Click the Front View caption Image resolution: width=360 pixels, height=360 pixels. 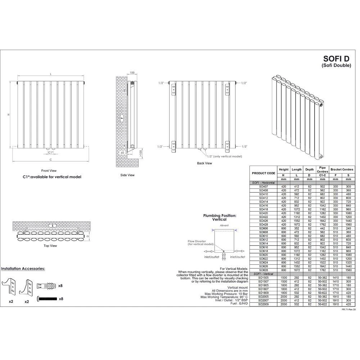pyautogui.click(x=49, y=171)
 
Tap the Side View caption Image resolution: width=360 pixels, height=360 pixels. pyautogui.click(x=127, y=175)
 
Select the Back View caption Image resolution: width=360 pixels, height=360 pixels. pyautogui.click(x=204, y=163)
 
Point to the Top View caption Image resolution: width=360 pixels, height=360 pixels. pyautogui.click(x=50, y=246)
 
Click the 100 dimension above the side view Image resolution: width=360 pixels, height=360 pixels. pyautogui.click(x=132, y=73)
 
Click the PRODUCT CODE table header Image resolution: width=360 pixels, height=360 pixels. pyautogui.click(x=263, y=173)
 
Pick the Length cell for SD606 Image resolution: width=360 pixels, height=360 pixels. pyautogui.click(x=297, y=228)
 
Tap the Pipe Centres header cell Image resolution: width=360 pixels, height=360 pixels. pyautogui.click(x=323, y=169)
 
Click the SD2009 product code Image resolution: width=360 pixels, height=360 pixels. pyautogui.click(x=263, y=305)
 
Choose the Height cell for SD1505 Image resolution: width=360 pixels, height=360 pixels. pyautogui.click(x=284, y=278)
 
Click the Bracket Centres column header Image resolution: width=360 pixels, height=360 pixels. pyautogui.click(x=342, y=169)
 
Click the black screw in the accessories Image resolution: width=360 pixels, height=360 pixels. pyautogui.click(x=48, y=299)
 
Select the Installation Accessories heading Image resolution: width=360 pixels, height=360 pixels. pyautogui.click(x=23, y=269)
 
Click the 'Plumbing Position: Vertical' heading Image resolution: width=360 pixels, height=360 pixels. pyautogui.click(x=220, y=217)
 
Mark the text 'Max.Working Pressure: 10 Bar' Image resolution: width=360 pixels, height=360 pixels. pyautogui.click(x=226, y=294)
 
